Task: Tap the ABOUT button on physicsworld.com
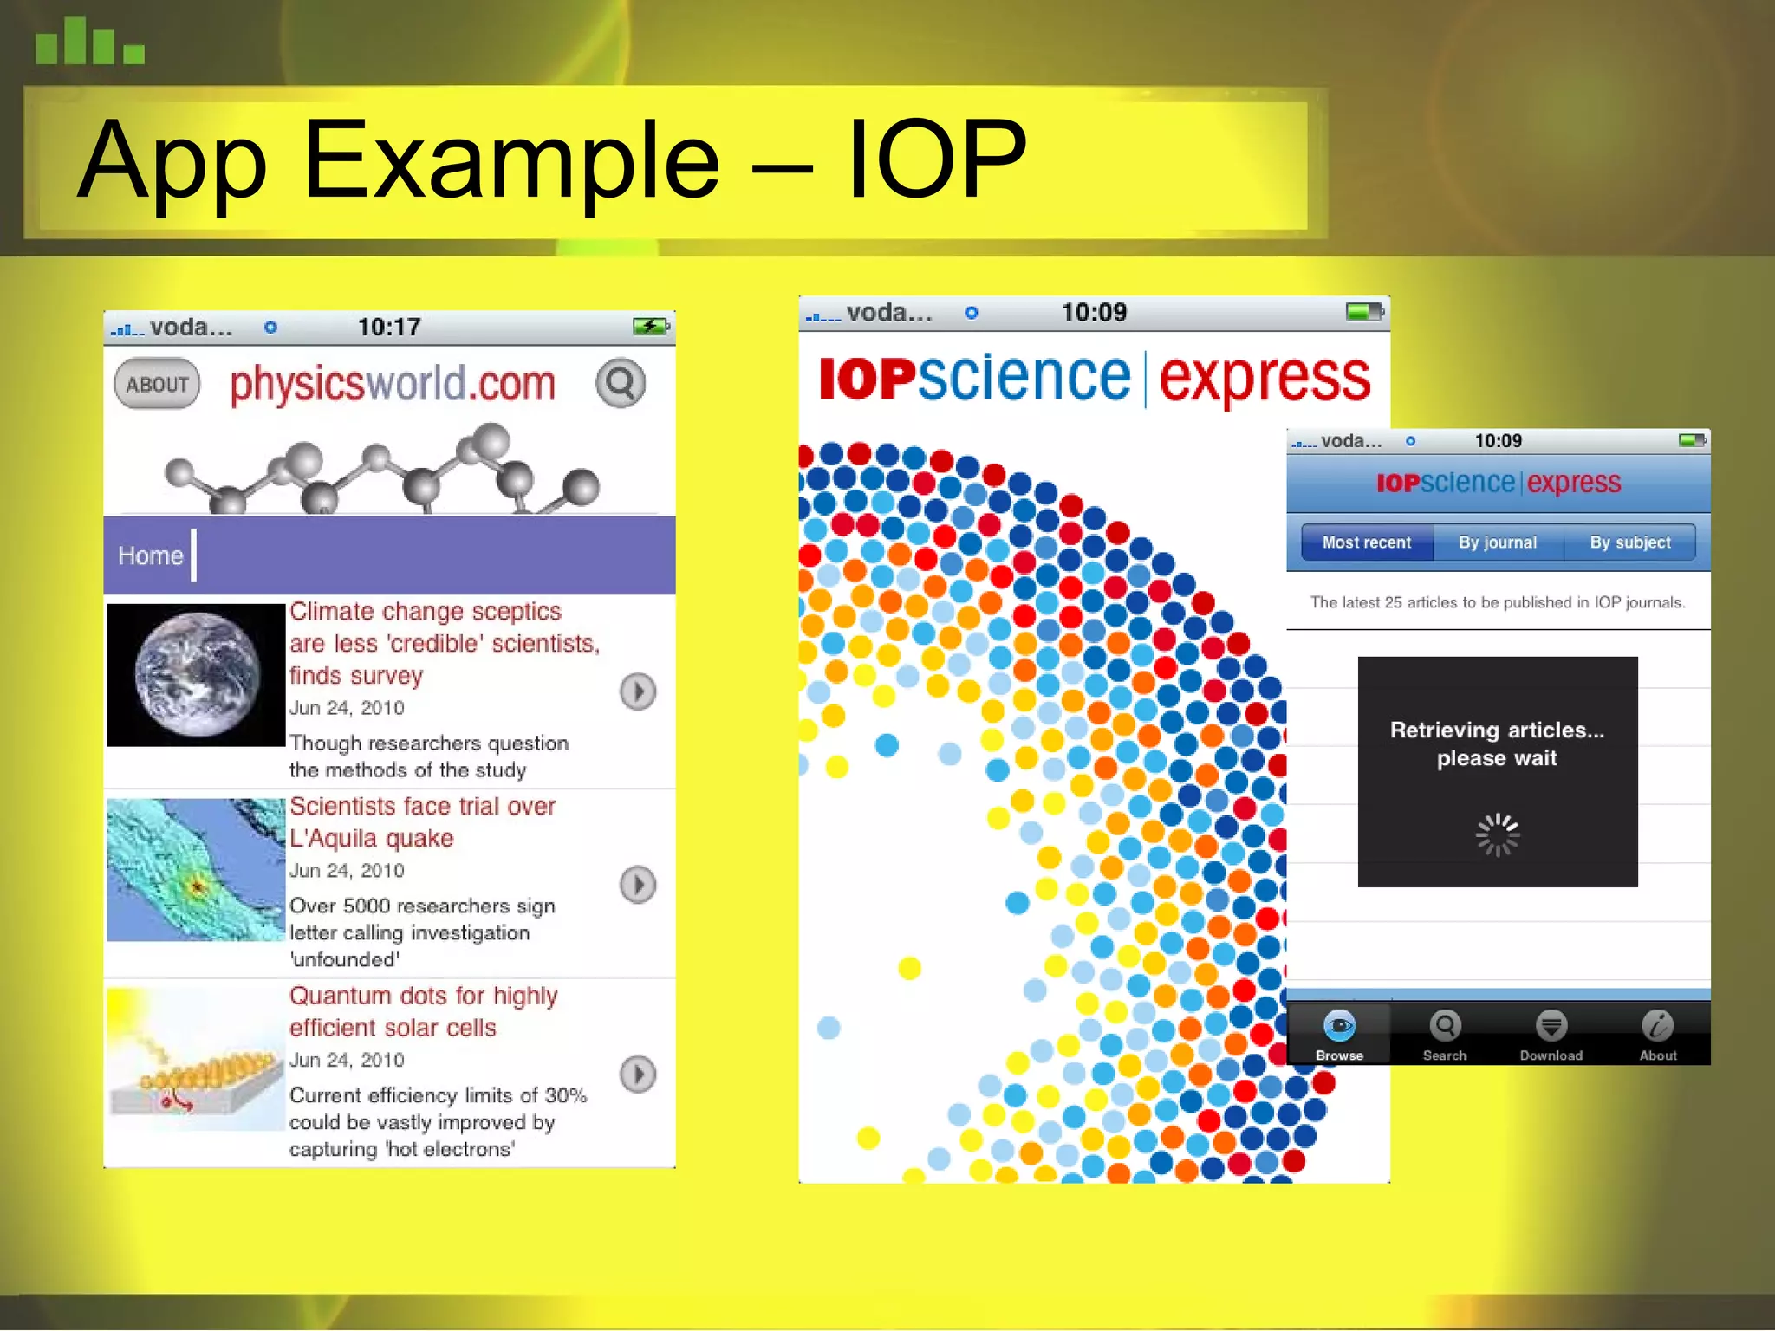click(157, 384)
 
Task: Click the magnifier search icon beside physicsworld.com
click(621, 383)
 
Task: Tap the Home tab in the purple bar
click(151, 555)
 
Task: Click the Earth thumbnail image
click(196, 675)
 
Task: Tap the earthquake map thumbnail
click(196, 870)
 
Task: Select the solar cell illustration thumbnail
click(196, 1059)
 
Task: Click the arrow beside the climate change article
click(638, 691)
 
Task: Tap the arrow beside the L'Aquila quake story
click(638, 885)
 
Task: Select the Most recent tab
click(1367, 542)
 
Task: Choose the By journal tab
click(1498, 542)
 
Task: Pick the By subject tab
click(1629, 542)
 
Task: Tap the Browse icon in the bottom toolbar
click(1339, 1035)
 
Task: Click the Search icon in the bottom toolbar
click(1445, 1035)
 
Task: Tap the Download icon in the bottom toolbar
click(1551, 1035)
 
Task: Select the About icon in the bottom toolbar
click(1657, 1035)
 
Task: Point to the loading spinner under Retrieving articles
click(1498, 835)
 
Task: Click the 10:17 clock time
click(389, 328)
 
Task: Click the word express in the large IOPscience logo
click(1265, 380)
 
